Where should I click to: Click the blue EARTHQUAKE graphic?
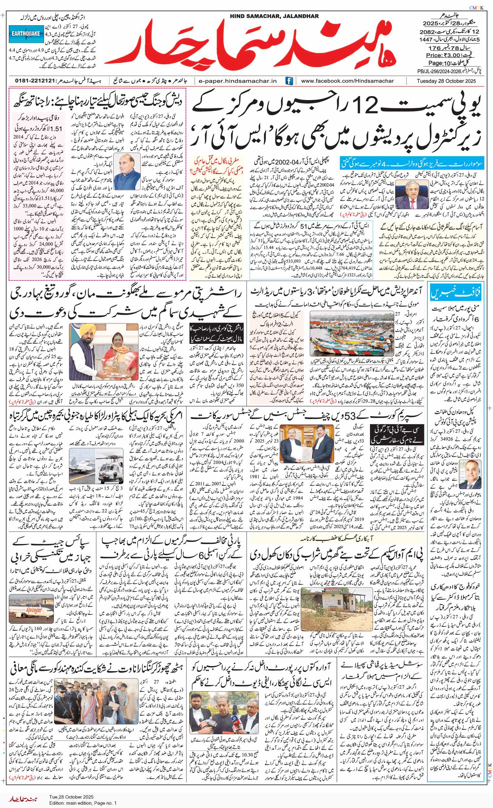point(26,34)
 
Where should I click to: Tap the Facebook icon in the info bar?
point(289,81)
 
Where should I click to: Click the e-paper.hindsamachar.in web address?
point(238,81)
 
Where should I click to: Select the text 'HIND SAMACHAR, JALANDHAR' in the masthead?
point(274,16)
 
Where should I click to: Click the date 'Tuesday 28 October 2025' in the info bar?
point(446,81)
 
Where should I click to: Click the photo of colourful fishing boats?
point(351,334)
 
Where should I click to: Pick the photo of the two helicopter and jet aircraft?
point(96,466)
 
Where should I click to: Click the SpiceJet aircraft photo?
point(32,609)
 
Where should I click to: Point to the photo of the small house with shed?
point(337,609)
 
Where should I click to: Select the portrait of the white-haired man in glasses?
point(470,474)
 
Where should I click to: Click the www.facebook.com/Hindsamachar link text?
point(347,81)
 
